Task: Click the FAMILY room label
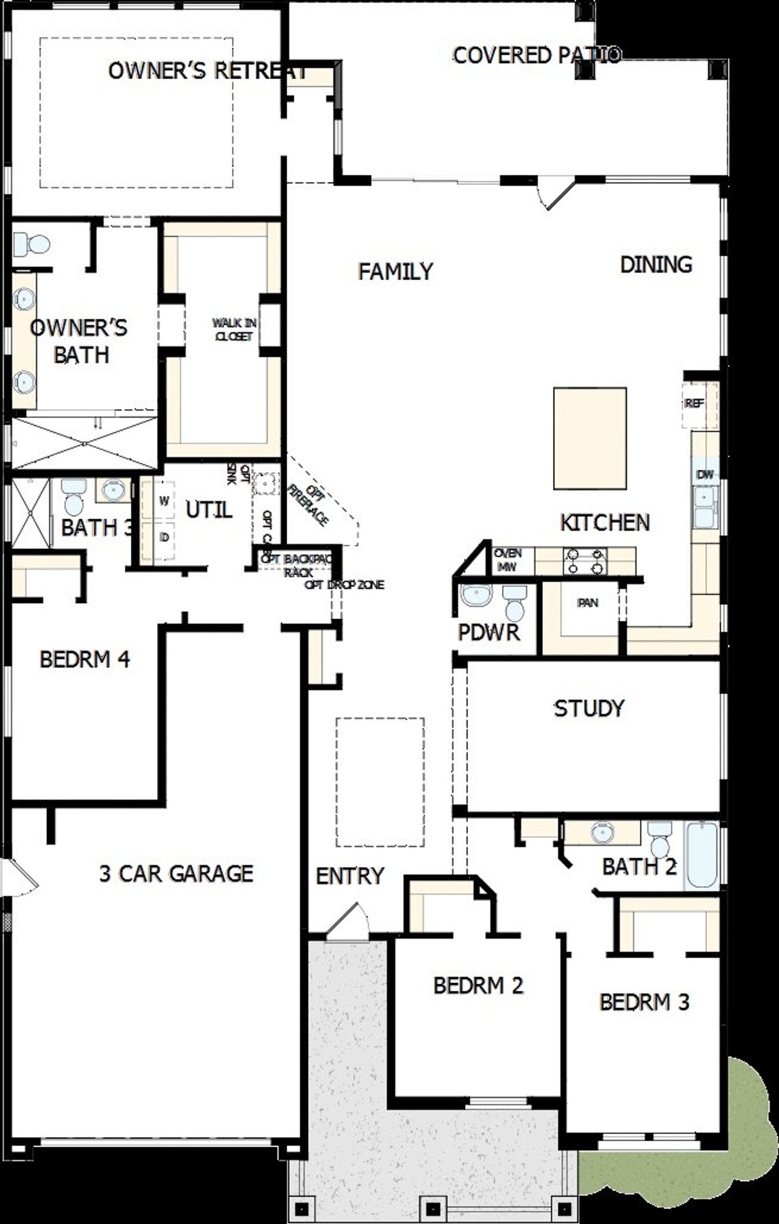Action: click(396, 271)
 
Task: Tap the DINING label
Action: click(655, 265)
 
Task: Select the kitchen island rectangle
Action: click(590, 438)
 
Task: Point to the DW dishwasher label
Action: click(705, 475)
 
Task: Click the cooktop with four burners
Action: click(585, 561)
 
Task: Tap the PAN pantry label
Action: click(588, 603)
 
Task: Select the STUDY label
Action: click(589, 708)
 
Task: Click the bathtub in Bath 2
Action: click(702, 856)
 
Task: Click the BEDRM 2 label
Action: click(478, 985)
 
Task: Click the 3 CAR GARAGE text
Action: click(176, 874)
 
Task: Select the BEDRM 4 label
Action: click(85, 659)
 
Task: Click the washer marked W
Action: click(164, 501)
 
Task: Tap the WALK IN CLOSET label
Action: click(234, 329)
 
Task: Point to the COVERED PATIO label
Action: click(536, 55)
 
